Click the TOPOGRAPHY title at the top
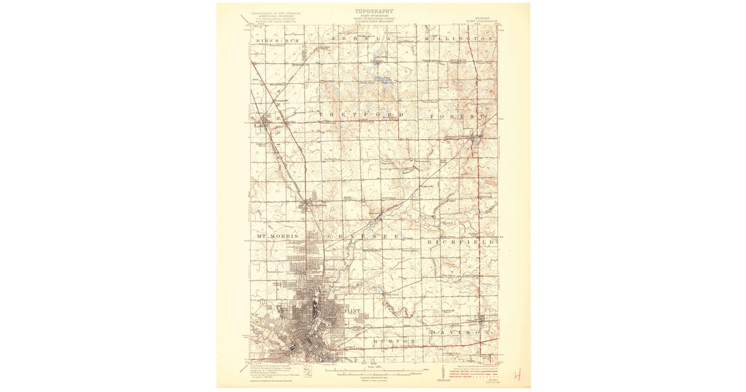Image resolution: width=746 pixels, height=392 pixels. pyautogui.click(x=373, y=11)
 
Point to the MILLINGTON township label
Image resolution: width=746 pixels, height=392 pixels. pyautogui.click(x=458, y=39)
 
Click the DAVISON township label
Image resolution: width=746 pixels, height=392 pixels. pyautogui.click(x=463, y=332)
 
